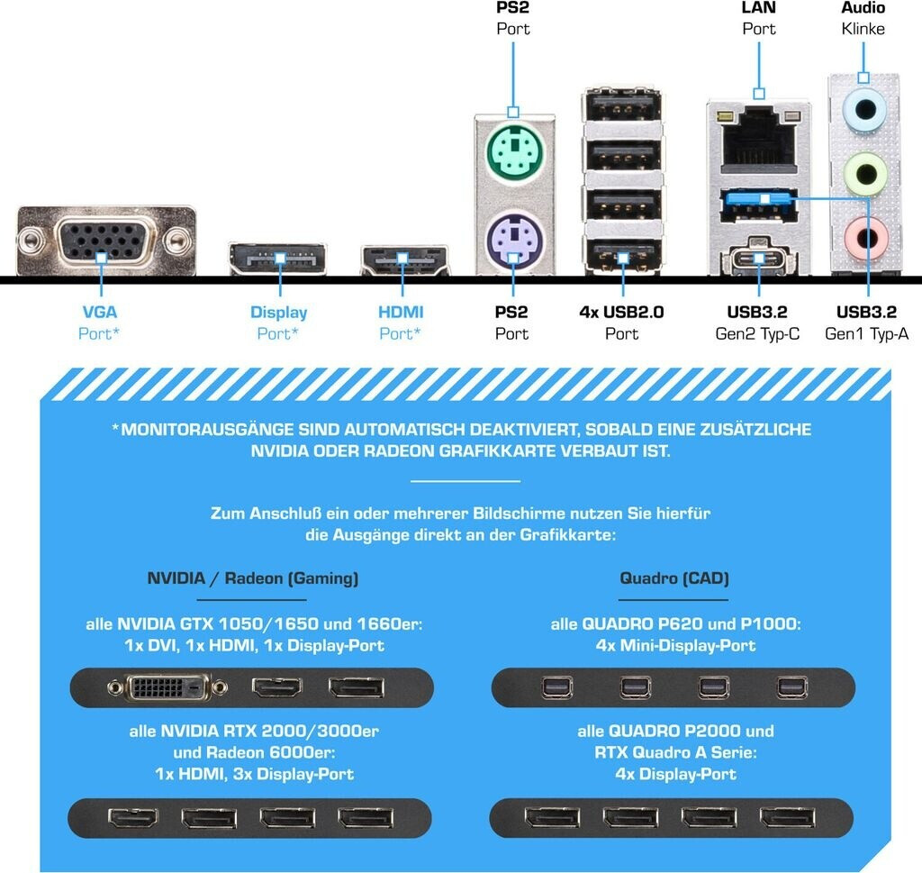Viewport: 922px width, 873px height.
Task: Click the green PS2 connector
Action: pyautogui.click(x=514, y=152)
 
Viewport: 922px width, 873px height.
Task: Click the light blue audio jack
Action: pyautogui.click(x=863, y=109)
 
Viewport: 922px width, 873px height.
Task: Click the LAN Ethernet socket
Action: pyautogui.click(x=758, y=142)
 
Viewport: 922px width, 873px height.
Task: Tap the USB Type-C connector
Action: pyautogui.click(x=758, y=258)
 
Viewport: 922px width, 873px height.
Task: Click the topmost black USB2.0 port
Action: pyautogui.click(x=623, y=107)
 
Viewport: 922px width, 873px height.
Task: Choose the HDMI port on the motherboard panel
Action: pyautogui.click(x=404, y=260)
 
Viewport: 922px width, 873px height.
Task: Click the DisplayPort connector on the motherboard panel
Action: pyautogui.click(x=277, y=259)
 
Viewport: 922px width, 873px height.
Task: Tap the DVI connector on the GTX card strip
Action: pyautogui.click(x=167, y=687)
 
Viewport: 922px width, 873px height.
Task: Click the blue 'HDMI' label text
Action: pyautogui.click(x=401, y=312)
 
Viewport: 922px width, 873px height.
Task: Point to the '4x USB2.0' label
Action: pyautogui.click(x=621, y=312)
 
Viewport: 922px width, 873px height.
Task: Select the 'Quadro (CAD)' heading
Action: pyautogui.click(x=674, y=578)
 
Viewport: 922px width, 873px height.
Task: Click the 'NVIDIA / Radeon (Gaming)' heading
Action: pyautogui.click(x=253, y=578)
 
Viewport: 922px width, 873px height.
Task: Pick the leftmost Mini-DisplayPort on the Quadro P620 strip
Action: pyautogui.click(x=556, y=687)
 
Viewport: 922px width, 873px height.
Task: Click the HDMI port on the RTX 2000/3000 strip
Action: pyautogui.click(x=133, y=817)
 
